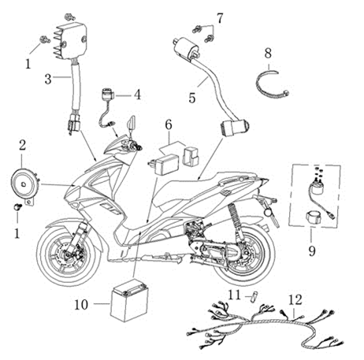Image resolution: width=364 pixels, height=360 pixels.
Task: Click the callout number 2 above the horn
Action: (x=22, y=145)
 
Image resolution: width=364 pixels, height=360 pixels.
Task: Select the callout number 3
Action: (x=48, y=80)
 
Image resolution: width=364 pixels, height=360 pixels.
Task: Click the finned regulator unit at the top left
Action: (x=70, y=40)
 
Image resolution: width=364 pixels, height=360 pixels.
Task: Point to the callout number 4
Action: (x=137, y=95)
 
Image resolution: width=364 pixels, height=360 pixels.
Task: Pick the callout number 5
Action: (x=192, y=98)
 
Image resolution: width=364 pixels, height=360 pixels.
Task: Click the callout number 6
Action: (x=169, y=124)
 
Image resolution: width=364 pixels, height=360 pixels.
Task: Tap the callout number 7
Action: (x=220, y=18)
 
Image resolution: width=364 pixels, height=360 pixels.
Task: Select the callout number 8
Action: (x=268, y=54)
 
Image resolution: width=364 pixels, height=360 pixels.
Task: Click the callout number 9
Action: (x=312, y=251)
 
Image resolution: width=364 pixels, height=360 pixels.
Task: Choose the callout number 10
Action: (x=81, y=305)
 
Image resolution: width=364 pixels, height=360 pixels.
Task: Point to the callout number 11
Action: (x=234, y=295)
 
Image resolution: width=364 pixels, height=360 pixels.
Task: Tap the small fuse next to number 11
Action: (x=254, y=297)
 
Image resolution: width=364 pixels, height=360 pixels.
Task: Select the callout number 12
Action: (x=295, y=300)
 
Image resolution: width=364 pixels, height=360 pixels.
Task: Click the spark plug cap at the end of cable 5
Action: (x=235, y=128)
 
